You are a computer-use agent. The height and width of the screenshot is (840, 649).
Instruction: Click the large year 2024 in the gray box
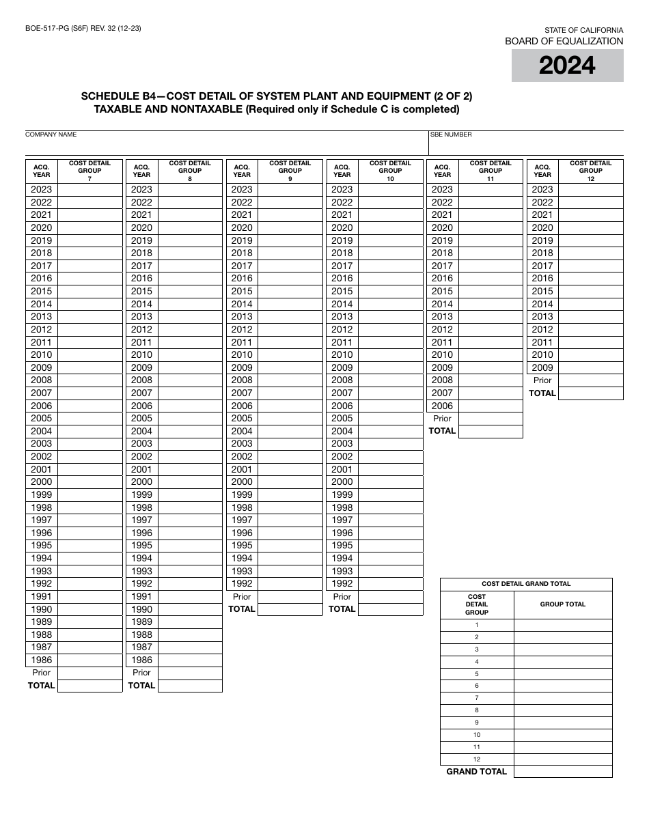tap(567, 66)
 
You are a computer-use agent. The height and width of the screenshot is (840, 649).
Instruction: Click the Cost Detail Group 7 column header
tap(89, 171)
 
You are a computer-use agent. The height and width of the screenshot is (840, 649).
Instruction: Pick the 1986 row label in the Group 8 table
tap(141, 660)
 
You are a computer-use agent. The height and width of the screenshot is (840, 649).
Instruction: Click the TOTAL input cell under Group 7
tap(89, 686)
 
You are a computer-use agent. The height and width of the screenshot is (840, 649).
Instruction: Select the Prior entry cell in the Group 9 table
tap(290, 596)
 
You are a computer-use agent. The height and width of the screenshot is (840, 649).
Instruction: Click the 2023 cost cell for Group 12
tap(590, 189)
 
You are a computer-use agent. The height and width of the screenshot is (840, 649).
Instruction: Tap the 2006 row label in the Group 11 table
tap(442, 406)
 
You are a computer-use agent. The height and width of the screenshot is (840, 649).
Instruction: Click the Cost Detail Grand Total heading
tap(526, 584)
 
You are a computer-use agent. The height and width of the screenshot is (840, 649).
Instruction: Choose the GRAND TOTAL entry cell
tap(562, 772)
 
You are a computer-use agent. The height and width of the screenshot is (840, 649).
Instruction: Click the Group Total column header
tap(562, 604)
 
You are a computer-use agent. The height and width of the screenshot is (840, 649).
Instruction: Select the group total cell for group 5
tap(562, 674)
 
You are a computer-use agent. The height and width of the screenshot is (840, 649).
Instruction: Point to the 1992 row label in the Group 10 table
tap(342, 583)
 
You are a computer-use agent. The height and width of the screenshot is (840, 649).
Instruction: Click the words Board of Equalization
tap(564, 41)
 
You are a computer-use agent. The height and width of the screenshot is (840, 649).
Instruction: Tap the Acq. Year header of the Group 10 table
tap(342, 171)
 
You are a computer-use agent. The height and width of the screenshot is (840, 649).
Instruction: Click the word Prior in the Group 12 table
tap(542, 380)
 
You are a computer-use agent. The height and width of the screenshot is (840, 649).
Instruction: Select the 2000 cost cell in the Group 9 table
tap(290, 481)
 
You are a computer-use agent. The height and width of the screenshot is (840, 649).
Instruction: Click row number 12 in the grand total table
tap(477, 759)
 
